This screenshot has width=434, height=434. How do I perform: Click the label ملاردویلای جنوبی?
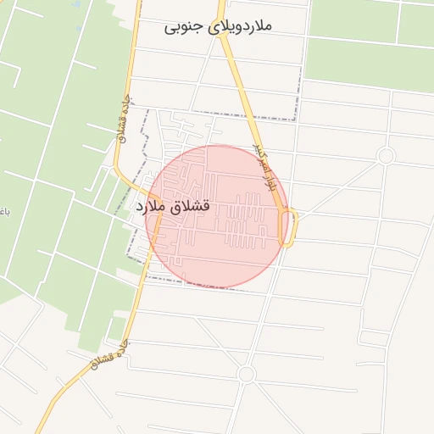point(219,26)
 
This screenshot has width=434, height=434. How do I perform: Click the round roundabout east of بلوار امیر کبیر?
point(386,156)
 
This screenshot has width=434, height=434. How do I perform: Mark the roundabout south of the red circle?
point(246,374)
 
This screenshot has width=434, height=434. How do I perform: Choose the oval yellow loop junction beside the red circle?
point(289,228)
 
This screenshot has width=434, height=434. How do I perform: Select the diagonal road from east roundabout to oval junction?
point(339,186)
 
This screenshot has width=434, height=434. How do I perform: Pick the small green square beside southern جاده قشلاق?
point(116,327)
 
